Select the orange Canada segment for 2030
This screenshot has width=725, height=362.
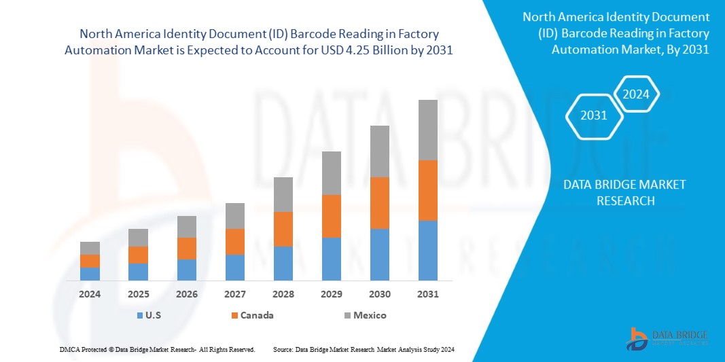(x=380, y=202)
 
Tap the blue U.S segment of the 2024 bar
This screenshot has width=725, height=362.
(x=90, y=273)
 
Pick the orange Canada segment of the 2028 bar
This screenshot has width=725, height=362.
(x=283, y=229)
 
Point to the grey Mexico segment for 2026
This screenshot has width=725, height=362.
(x=187, y=227)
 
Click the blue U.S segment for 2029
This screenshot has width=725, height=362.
(x=332, y=259)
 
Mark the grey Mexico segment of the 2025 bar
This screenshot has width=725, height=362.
(x=138, y=237)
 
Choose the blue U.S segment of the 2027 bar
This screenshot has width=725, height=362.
(x=235, y=267)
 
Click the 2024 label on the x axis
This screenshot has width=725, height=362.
(x=90, y=294)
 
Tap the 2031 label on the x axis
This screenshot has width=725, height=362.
(x=428, y=294)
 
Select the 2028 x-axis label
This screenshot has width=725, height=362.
(x=283, y=294)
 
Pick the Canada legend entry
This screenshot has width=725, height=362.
(x=253, y=315)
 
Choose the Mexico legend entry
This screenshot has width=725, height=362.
(x=364, y=315)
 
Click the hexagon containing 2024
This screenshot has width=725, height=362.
(x=636, y=94)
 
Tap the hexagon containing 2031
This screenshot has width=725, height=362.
(x=594, y=115)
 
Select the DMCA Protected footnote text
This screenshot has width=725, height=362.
(x=157, y=349)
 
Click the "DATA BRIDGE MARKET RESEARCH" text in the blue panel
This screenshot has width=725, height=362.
(x=624, y=192)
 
